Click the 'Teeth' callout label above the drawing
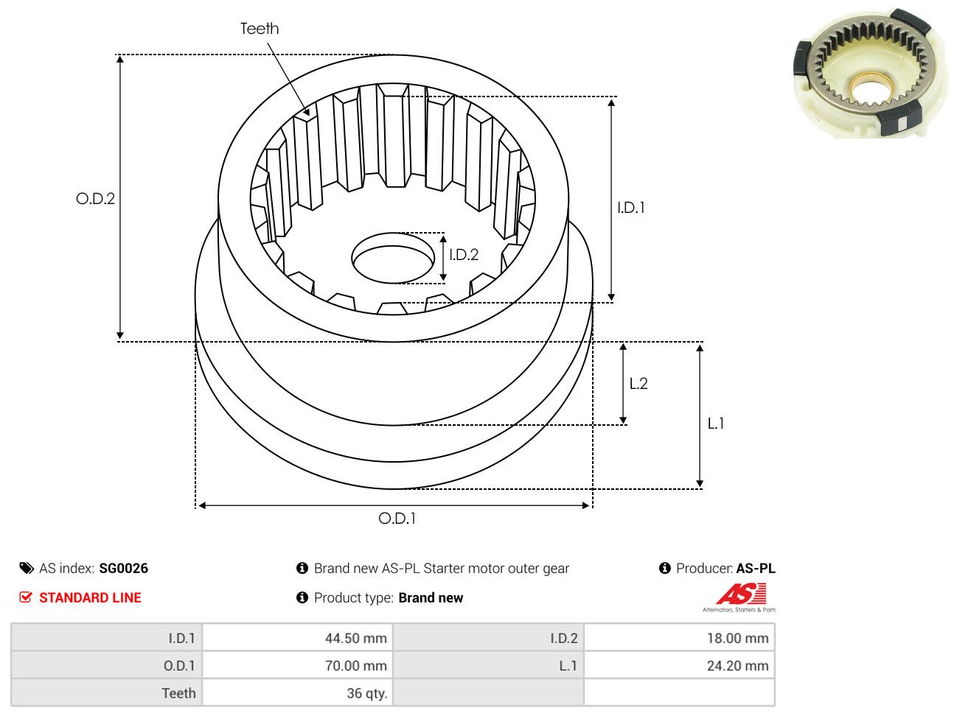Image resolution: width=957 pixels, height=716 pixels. coord(260,29)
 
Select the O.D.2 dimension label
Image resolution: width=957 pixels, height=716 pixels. coord(95,199)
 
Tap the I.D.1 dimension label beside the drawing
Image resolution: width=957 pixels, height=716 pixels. coord(631,208)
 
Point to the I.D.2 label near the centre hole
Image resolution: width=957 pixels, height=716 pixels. coord(464,255)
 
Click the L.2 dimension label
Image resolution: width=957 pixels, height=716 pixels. coord(638,384)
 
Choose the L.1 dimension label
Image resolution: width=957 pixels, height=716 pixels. coord(715,424)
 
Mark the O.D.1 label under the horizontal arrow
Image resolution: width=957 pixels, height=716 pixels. coord(397,519)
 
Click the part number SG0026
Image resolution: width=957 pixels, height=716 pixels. coord(123,569)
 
